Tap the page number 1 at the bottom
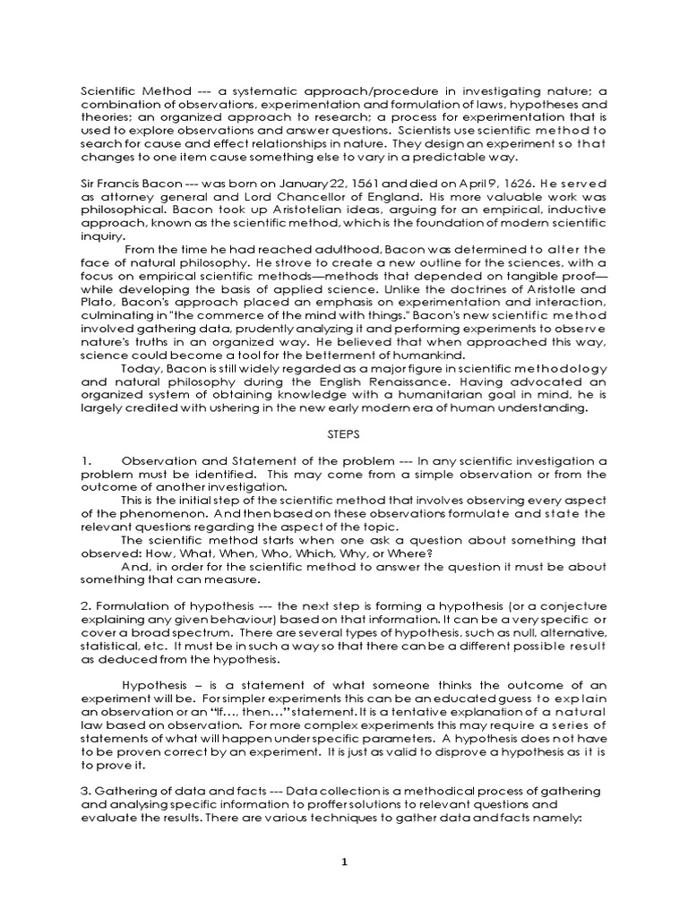coord(343,861)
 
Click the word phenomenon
coord(139,513)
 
